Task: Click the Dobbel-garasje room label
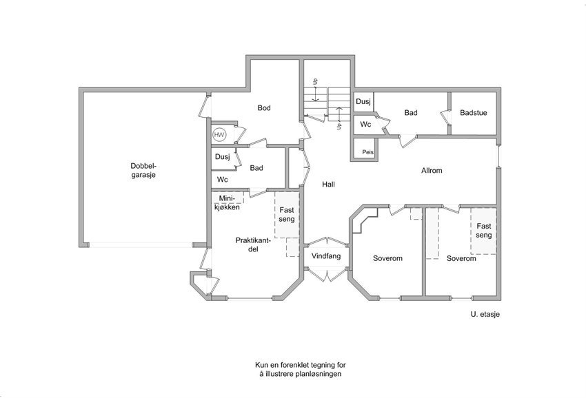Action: pyautogui.click(x=144, y=170)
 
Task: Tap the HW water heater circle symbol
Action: pyautogui.click(x=219, y=135)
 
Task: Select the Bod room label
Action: pyautogui.click(x=264, y=108)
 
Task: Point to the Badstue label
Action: pyautogui.click(x=473, y=112)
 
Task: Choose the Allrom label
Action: pyautogui.click(x=432, y=170)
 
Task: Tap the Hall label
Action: pyautogui.click(x=329, y=184)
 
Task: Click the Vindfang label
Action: pyautogui.click(x=326, y=255)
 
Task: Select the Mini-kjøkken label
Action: pyautogui.click(x=227, y=202)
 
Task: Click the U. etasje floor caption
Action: pyautogui.click(x=481, y=314)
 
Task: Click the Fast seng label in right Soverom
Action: pyautogui.click(x=483, y=230)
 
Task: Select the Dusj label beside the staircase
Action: pyautogui.click(x=363, y=102)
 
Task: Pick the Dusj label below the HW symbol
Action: pyautogui.click(x=222, y=157)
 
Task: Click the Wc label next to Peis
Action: pyautogui.click(x=365, y=125)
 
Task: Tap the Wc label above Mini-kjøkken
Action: pyautogui.click(x=222, y=180)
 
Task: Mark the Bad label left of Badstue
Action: pyautogui.click(x=411, y=112)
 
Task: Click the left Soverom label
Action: pyautogui.click(x=387, y=259)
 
